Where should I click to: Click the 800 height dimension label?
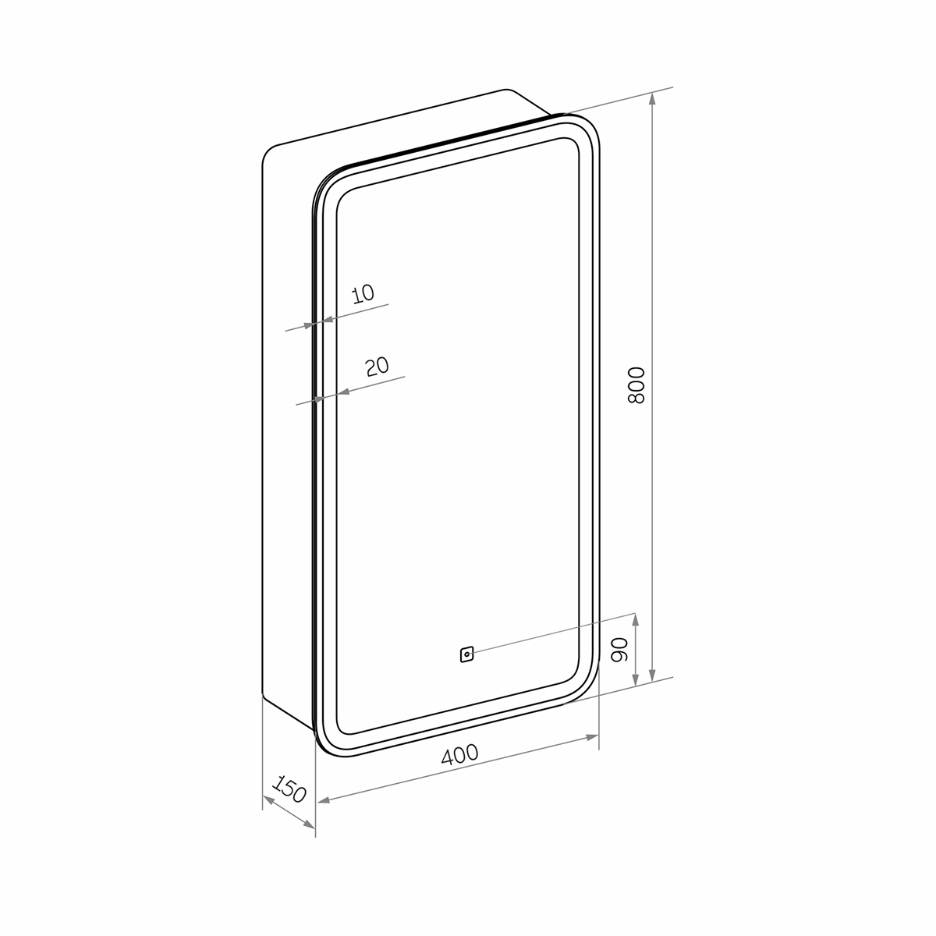636,385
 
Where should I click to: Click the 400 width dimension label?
459,754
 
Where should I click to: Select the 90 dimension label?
620,650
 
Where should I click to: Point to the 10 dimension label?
363,293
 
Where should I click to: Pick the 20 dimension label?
378,367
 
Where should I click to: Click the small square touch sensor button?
466,654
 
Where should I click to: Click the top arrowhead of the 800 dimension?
652,99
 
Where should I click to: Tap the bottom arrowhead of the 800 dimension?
652,675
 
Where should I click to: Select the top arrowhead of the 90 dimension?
636,619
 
